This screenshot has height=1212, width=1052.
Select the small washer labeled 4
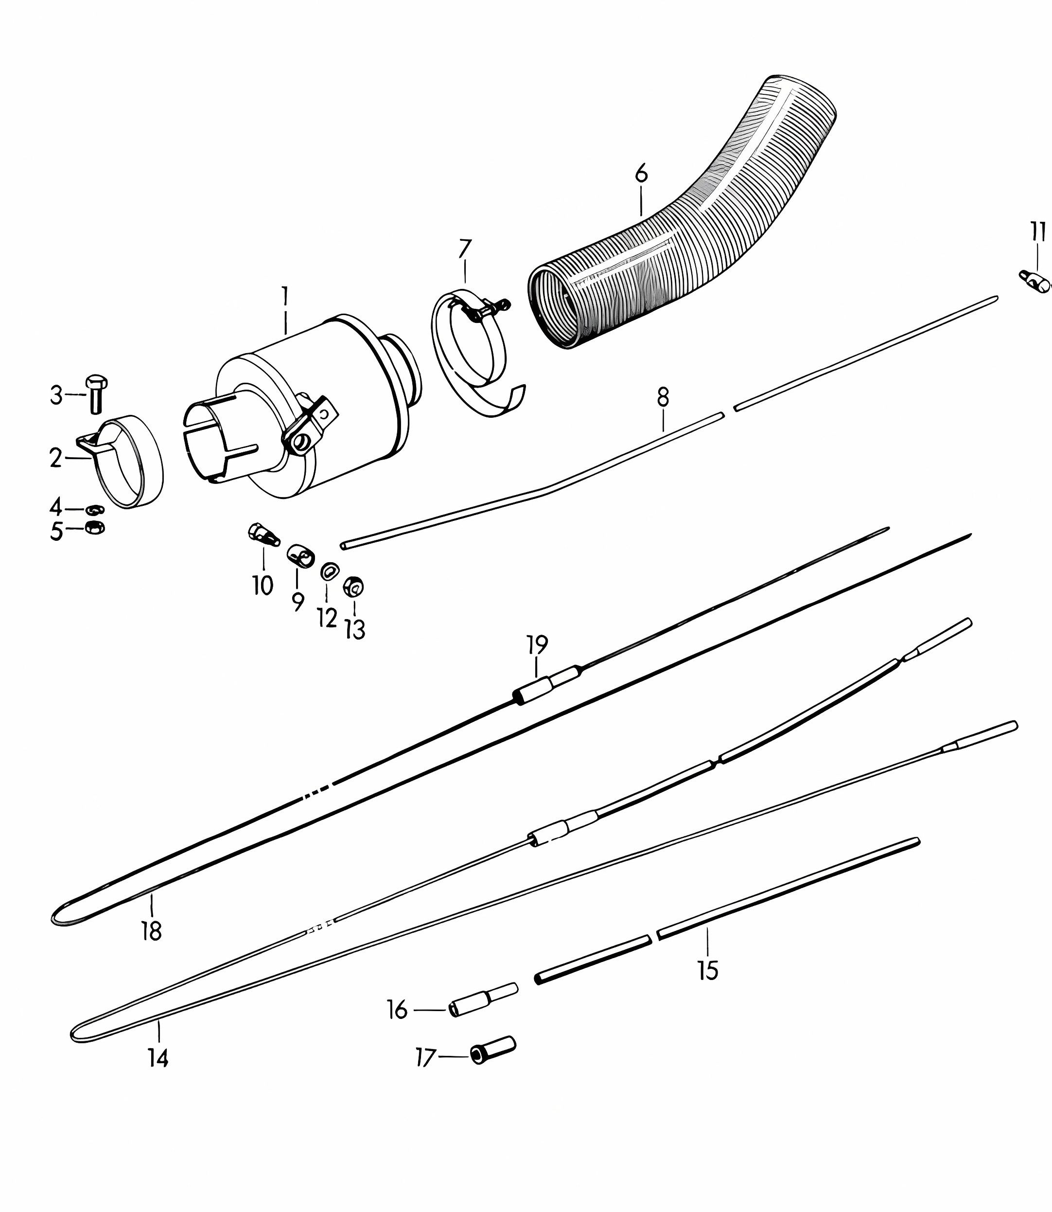coord(94,509)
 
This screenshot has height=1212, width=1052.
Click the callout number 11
coord(1038,232)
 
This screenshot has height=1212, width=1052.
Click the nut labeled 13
coord(353,586)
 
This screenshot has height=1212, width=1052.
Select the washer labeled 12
coord(329,571)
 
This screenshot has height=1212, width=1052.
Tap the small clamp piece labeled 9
coord(300,555)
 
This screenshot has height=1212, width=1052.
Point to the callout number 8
coord(663,397)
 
